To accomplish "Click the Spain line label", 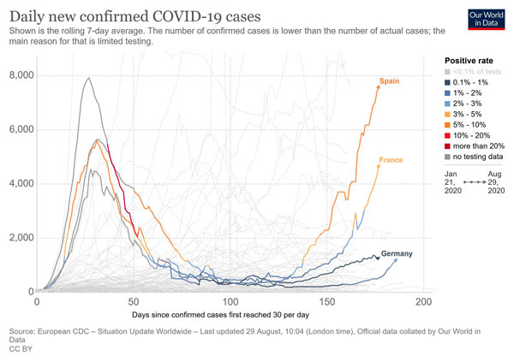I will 391,81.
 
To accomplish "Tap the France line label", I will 391,160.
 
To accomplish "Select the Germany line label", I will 396,254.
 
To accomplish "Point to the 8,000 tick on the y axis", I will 17,75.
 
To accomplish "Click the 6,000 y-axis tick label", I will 17,129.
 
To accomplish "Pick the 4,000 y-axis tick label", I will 17,183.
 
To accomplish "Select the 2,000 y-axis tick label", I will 17,237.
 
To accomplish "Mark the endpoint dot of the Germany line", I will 378,257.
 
